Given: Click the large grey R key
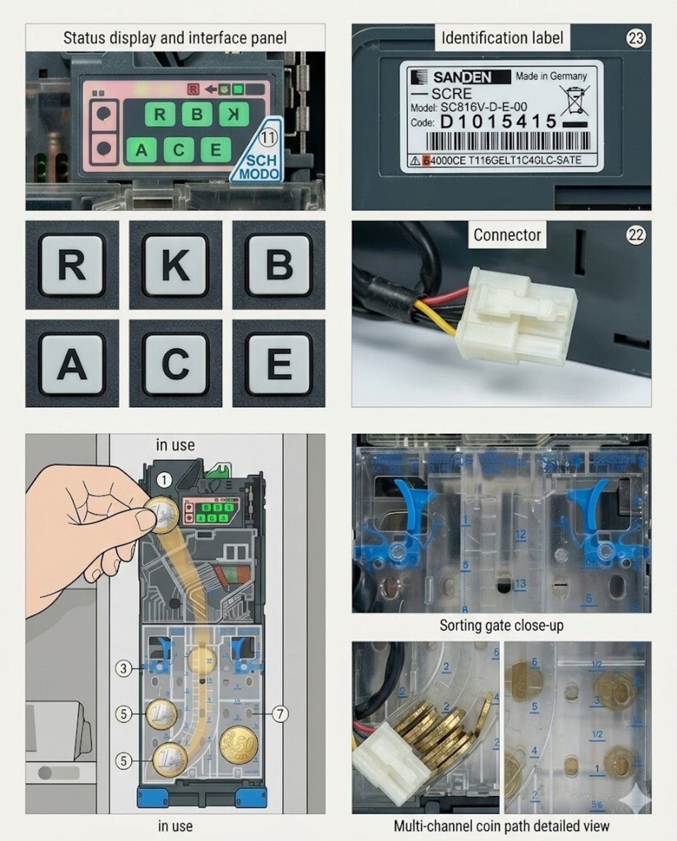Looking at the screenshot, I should coord(72,265).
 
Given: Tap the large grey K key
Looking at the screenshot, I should coord(176,265).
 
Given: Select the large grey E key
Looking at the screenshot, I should coord(279,364).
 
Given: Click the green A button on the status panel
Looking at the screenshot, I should coord(141,150).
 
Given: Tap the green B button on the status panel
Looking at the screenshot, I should coord(197,114).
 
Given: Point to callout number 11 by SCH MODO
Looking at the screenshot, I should coord(268,137).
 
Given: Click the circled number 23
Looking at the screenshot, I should coord(636,38).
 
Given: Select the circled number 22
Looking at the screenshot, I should coord(636,235).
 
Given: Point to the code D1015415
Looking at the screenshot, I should coord(498,122).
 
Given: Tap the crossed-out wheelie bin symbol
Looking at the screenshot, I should coord(574,100).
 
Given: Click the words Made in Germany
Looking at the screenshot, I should coord(551,76).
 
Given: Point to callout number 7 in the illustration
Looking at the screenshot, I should coord(280,714).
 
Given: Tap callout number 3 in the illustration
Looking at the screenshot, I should coord(123,668).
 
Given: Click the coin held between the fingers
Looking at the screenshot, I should coord(162,515).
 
